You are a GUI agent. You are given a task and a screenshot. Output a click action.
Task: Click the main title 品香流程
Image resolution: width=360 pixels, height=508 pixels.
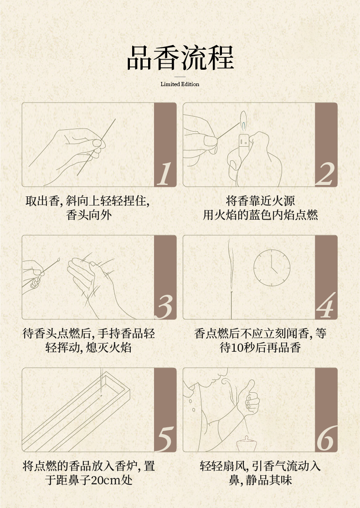[180, 58]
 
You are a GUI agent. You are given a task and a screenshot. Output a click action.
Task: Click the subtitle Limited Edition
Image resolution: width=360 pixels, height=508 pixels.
[180, 84]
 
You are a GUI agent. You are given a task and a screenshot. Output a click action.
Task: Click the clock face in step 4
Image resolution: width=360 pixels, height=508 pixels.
[272, 267]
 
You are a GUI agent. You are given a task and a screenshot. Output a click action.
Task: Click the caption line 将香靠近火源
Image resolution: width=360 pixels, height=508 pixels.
[260, 201]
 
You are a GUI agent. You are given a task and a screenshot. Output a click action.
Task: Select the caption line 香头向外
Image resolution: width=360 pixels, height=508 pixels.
[89, 215]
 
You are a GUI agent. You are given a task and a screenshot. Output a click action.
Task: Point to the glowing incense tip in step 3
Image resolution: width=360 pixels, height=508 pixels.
[58, 259]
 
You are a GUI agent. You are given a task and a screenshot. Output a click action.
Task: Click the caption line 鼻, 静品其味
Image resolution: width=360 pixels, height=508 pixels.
[260, 480]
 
